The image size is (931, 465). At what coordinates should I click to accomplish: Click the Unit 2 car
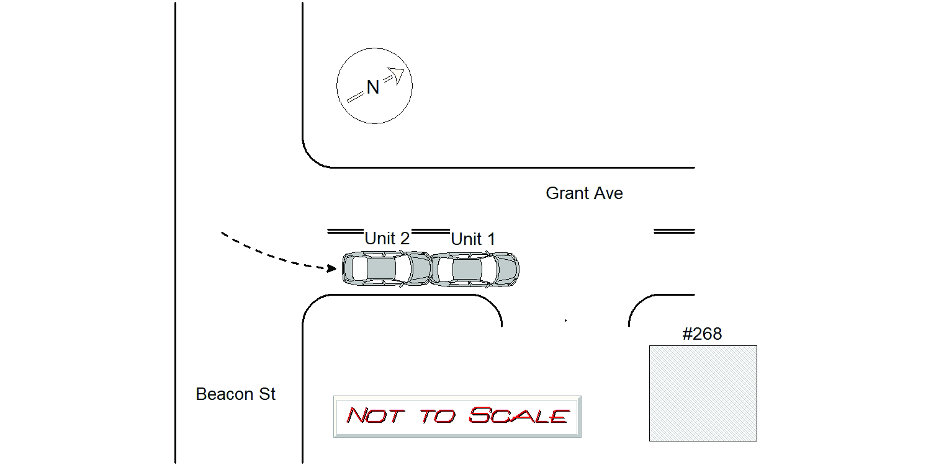pos(387,268)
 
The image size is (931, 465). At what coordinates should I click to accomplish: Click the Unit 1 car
pos(474,269)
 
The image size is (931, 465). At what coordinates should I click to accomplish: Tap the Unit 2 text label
pos(387,238)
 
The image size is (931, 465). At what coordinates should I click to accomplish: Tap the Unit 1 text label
pos(473,239)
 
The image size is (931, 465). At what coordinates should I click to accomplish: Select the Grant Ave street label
pos(584,193)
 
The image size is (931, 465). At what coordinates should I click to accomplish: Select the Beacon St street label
pos(235,394)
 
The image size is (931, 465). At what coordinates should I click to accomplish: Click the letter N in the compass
pos(373,87)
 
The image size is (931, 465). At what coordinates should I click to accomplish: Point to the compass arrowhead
pos(397,76)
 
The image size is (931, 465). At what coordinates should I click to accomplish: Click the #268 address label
pos(702,334)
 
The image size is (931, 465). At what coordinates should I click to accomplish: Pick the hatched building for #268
pos(703,393)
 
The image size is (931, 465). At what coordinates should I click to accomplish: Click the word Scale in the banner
pos(518,415)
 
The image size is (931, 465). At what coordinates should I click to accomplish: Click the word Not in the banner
pos(375,415)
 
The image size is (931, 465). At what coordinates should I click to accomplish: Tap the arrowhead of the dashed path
pos(331,268)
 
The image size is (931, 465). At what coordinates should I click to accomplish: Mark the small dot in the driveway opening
pos(565,321)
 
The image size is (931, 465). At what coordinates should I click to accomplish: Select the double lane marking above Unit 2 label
pos(345,231)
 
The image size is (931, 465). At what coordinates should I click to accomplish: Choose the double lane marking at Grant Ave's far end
pos(674,231)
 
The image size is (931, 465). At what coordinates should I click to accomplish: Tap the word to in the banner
pos(438,416)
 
